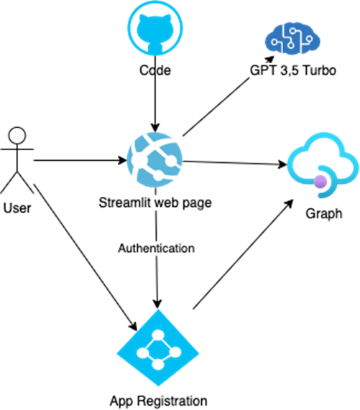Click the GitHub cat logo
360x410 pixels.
[x=155, y=28]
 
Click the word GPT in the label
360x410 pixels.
[x=260, y=71]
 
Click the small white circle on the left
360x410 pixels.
[x=17, y=135]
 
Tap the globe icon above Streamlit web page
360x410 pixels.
[x=154, y=160]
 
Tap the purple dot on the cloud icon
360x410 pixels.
[x=320, y=182]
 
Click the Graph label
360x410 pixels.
[x=323, y=213]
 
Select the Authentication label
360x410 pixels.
[x=156, y=248]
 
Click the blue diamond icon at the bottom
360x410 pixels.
[x=158, y=352]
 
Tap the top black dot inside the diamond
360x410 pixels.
[x=158, y=337]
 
